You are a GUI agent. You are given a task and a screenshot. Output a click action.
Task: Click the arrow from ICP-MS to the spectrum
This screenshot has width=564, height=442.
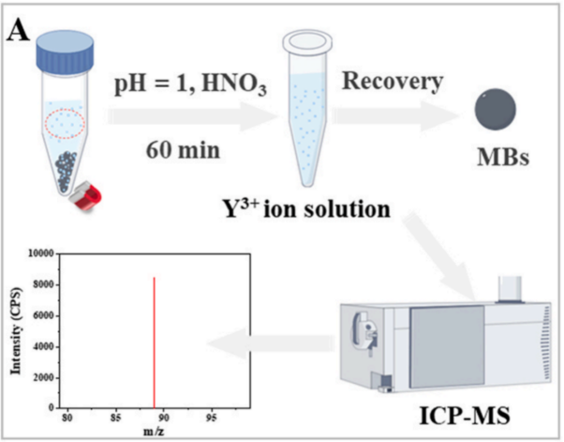tap(272, 347)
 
